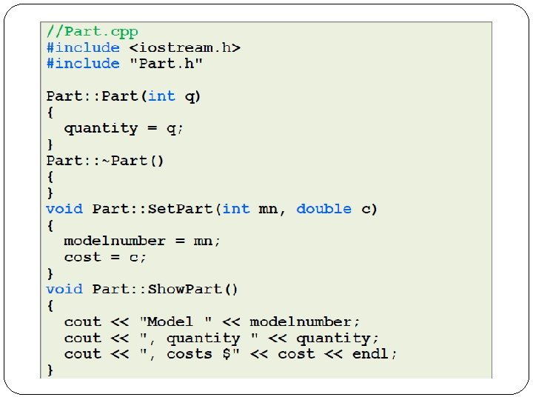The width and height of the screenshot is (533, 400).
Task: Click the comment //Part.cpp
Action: click(x=92, y=32)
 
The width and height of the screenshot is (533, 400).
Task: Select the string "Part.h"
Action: click(x=166, y=64)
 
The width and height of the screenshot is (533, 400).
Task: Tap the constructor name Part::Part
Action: click(x=92, y=96)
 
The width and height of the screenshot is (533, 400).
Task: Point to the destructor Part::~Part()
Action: click(x=104, y=160)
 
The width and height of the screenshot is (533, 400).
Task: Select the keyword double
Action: click(x=324, y=209)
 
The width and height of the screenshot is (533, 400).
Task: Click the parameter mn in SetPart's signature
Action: click(x=267, y=209)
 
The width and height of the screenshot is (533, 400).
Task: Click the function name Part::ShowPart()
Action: click(x=165, y=289)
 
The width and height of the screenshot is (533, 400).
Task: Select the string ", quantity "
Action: click(x=198, y=338)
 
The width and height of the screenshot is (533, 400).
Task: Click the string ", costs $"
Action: click(x=189, y=354)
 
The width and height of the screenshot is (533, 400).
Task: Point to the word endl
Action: click(x=372, y=354)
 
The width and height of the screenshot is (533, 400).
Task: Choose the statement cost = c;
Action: click(x=106, y=257)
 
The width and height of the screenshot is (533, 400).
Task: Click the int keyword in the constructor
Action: click(x=161, y=96)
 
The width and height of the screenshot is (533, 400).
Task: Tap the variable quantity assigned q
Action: click(x=101, y=128)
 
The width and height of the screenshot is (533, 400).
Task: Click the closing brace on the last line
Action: click(x=50, y=370)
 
